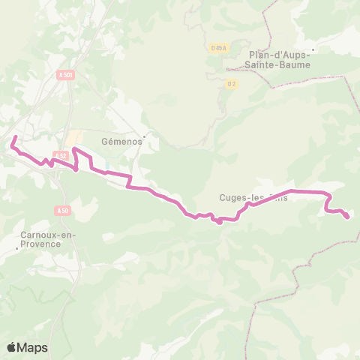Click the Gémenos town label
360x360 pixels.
(116, 140)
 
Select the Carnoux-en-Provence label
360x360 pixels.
(44, 238)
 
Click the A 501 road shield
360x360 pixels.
(65, 75)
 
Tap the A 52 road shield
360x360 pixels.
(62, 156)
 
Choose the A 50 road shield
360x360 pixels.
(64, 211)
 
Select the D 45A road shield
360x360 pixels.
(219, 49)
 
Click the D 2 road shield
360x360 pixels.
(231, 84)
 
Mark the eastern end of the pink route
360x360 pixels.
(347, 217)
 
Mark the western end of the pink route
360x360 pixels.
(15, 137)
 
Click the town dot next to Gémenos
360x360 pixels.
(145, 136)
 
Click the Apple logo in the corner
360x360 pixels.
(11, 347)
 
